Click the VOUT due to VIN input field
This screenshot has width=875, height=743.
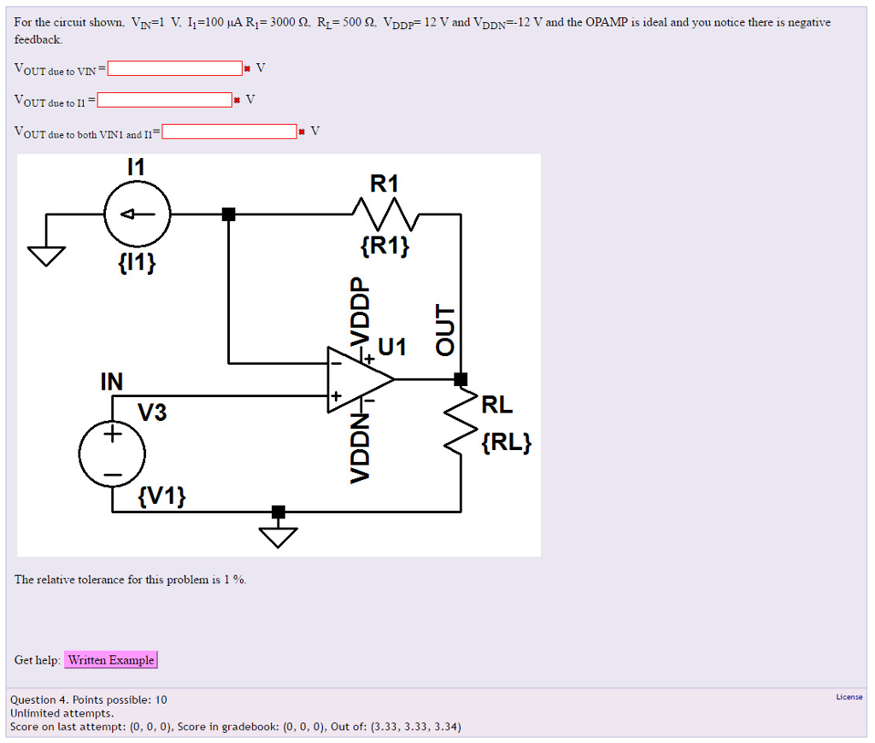175,68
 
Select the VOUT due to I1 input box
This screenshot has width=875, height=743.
165,100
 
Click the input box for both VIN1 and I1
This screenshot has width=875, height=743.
229,132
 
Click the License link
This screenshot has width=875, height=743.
849,697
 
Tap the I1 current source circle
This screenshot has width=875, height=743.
138,214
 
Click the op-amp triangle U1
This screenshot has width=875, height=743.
357,379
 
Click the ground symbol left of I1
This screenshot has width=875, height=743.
47,254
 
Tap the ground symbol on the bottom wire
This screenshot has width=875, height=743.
279,534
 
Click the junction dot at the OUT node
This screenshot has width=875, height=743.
461,378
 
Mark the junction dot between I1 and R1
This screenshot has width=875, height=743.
228,214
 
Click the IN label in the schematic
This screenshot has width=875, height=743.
111,382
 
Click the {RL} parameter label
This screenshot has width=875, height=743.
506,442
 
